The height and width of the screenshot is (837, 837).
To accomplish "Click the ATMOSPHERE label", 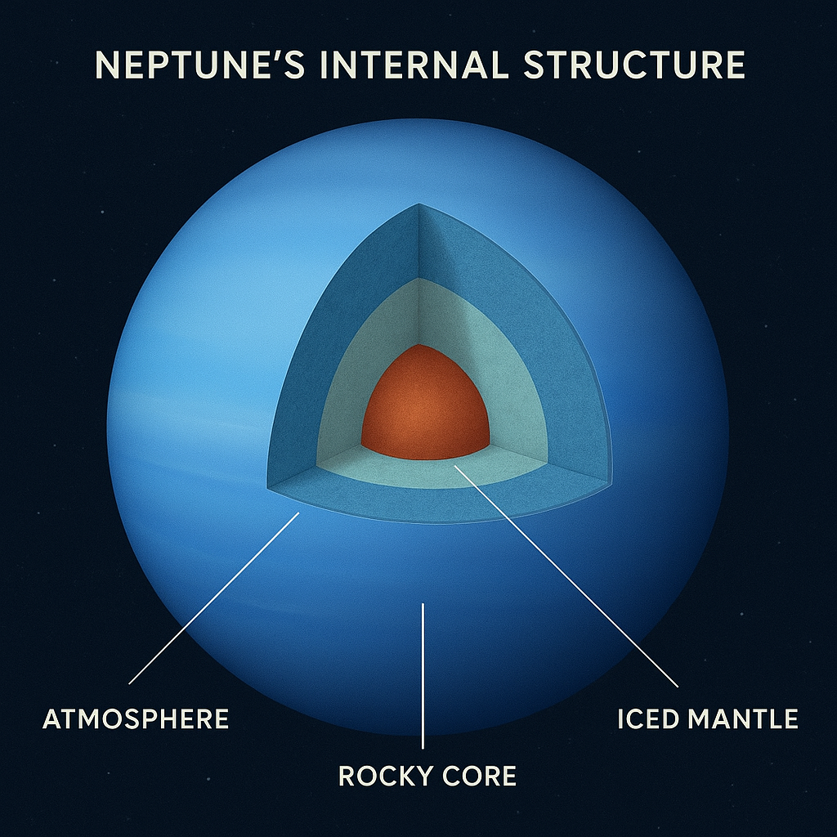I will click(136, 719).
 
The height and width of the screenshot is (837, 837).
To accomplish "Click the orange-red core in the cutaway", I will click(424, 405).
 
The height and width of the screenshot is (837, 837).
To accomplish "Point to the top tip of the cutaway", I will click(418, 205).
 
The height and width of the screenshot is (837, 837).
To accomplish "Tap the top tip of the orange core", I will click(418, 346).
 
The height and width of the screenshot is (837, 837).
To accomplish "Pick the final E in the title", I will click(733, 65).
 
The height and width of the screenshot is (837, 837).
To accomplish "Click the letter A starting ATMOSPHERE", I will click(52, 719).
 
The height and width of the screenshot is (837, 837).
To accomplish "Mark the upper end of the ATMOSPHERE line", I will click(299, 513).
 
